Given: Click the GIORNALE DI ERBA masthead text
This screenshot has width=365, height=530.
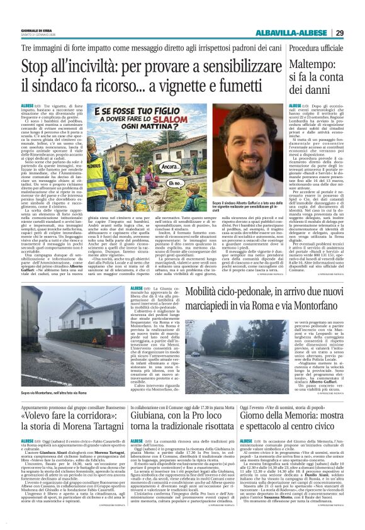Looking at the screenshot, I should point(31,29).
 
